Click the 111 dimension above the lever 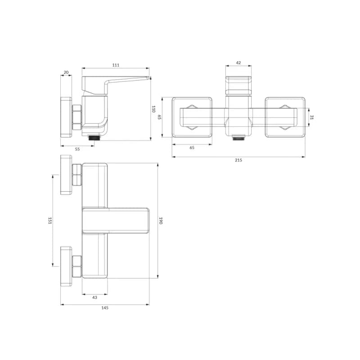point(116,65)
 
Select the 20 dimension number point(66,72)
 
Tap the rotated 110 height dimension point(153,109)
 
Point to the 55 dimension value point(77,149)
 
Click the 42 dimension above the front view point(238,63)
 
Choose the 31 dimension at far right point(311,117)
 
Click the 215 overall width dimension point(238,160)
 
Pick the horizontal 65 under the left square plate point(192,148)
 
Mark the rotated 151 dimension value point(50,220)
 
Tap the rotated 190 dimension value point(161,220)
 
